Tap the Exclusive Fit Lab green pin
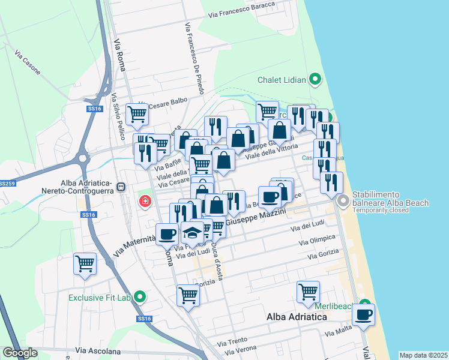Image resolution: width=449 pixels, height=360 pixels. point(140,297)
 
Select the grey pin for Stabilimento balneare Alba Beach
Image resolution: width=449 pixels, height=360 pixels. point(343,200)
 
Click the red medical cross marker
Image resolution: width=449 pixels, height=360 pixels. point(145,201)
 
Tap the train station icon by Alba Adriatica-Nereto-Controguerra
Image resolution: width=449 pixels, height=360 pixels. point(121,187)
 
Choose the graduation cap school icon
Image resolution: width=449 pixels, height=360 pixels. point(192,233)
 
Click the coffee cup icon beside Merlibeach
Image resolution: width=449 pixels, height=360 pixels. point(363,314)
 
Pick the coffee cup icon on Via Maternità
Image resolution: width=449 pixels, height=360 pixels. point(167,233)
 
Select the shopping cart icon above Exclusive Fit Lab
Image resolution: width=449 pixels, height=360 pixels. point(85,263)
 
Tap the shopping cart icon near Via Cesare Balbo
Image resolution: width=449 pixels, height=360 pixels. point(137,113)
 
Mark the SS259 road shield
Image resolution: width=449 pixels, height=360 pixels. point(6,184)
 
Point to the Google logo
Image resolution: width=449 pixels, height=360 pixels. point(20,353)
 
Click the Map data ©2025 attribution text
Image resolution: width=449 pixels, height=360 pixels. point(423,355)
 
